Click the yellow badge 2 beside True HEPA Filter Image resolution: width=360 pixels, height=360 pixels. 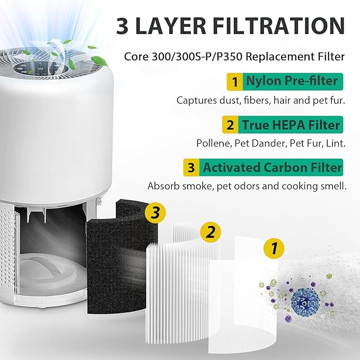click(231, 126)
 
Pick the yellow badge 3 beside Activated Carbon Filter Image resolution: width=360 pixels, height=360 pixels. click(191, 169)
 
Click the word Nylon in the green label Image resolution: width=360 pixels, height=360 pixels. click(261, 82)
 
